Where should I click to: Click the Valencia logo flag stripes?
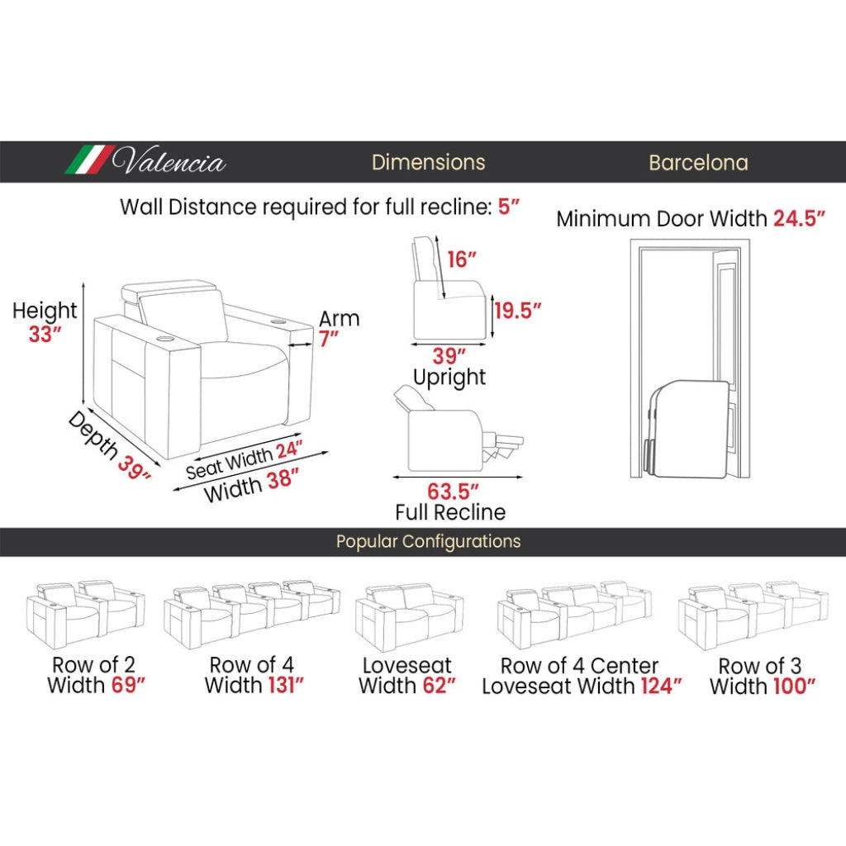point(90,159)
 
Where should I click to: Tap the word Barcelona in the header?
point(698,163)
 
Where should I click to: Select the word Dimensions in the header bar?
point(429,163)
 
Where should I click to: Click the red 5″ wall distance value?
point(508,206)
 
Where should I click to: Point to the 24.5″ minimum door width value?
point(799,218)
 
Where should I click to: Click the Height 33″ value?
point(45,334)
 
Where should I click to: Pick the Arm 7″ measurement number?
point(329,339)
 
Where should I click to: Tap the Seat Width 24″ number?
point(289,449)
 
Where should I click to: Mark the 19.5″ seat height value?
point(518,311)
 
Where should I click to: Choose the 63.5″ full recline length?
point(454,492)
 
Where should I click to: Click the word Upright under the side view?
point(449,377)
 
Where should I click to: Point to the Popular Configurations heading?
point(429,541)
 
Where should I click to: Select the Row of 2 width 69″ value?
point(128,685)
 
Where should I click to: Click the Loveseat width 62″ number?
point(440,686)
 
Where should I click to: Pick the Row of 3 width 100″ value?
point(794,687)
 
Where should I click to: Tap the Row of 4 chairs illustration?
point(252,615)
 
